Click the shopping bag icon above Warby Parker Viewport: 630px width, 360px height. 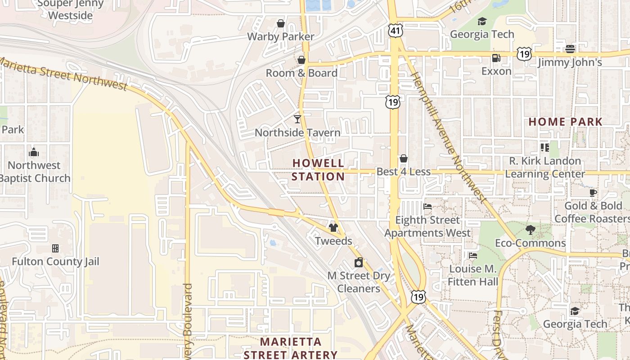click(281, 23)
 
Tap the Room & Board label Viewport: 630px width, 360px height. click(301, 73)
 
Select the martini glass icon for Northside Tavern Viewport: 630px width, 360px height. click(297, 119)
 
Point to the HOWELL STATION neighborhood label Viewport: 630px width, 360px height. click(318, 170)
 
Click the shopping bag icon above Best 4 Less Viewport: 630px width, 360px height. click(404, 158)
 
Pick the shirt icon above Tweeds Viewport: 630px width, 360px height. click(333, 228)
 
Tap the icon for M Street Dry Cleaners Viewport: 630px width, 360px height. click(359, 263)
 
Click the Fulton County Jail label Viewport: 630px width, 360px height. click(55, 261)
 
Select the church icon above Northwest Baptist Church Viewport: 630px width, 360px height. click(34, 152)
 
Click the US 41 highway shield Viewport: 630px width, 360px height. click(395, 31)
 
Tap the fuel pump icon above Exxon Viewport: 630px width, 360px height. click(496, 58)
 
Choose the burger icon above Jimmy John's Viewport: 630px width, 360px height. click(570, 49)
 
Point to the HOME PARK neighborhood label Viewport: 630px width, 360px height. click(565, 122)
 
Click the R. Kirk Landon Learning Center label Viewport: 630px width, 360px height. click(545, 167)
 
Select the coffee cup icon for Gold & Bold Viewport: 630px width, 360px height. click(593, 193)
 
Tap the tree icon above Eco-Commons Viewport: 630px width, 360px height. click(531, 230)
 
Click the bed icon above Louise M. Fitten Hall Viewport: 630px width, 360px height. click(473, 256)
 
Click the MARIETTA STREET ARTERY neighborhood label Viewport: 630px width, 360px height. click(290, 348)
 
